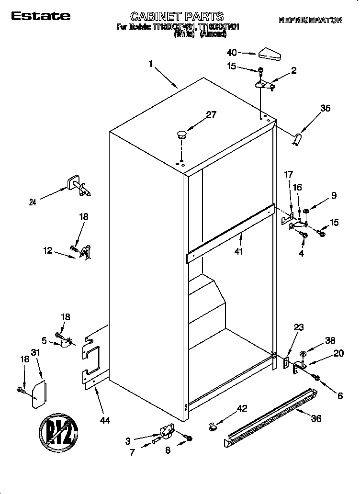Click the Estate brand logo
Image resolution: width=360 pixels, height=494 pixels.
(x=41, y=16)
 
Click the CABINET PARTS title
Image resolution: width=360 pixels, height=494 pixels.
(x=177, y=17)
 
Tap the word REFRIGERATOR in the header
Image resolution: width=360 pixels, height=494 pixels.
(x=310, y=20)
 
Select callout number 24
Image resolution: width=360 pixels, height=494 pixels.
(x=33, y=202)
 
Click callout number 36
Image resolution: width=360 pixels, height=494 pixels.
(x=315, y=418)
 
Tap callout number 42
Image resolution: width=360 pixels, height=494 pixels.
(x=243, y=408)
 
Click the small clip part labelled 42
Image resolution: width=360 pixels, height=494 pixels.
(x=214, y=425)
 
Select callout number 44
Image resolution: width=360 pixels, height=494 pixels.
(x=105, y=420)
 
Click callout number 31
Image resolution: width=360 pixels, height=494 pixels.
(x=34, y=352)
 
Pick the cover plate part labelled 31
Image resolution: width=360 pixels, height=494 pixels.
(x=39, y=394)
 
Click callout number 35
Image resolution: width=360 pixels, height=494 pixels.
(x=325, y=108)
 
